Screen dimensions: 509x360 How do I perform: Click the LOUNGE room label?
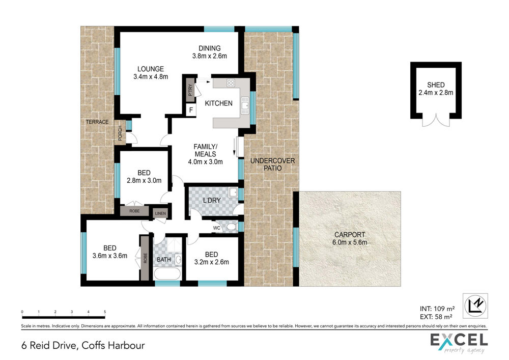pos(151,69)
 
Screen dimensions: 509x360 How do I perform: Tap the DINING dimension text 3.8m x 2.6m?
pos(210,56)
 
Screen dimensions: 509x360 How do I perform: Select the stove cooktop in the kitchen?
pos(231,83)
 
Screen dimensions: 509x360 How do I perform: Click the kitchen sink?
pos(245,105)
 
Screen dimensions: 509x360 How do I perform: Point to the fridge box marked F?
pos(191,109)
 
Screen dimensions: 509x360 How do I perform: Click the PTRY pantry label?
pos(190,90)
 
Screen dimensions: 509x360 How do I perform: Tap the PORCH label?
pos(120,133)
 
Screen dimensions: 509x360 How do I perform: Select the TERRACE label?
pos(97,122)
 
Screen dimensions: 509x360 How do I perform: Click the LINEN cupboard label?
pos(160,213)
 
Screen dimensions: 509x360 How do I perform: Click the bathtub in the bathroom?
pos(167,273)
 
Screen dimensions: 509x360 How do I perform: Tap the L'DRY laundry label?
pos(212,201)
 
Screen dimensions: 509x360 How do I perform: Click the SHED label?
pos(436,85)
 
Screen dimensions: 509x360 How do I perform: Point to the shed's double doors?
pos(436,120)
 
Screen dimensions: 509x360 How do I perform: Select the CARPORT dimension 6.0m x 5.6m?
pos(350,242)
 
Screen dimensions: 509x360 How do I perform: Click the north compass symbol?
pos(475,306)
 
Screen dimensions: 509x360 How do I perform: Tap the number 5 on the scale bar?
pos(105,312)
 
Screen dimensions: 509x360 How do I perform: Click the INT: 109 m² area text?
pos(437,309)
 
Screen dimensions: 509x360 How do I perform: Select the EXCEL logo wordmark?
pos(459,340)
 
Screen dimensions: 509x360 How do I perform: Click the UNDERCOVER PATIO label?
pos(273,164)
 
